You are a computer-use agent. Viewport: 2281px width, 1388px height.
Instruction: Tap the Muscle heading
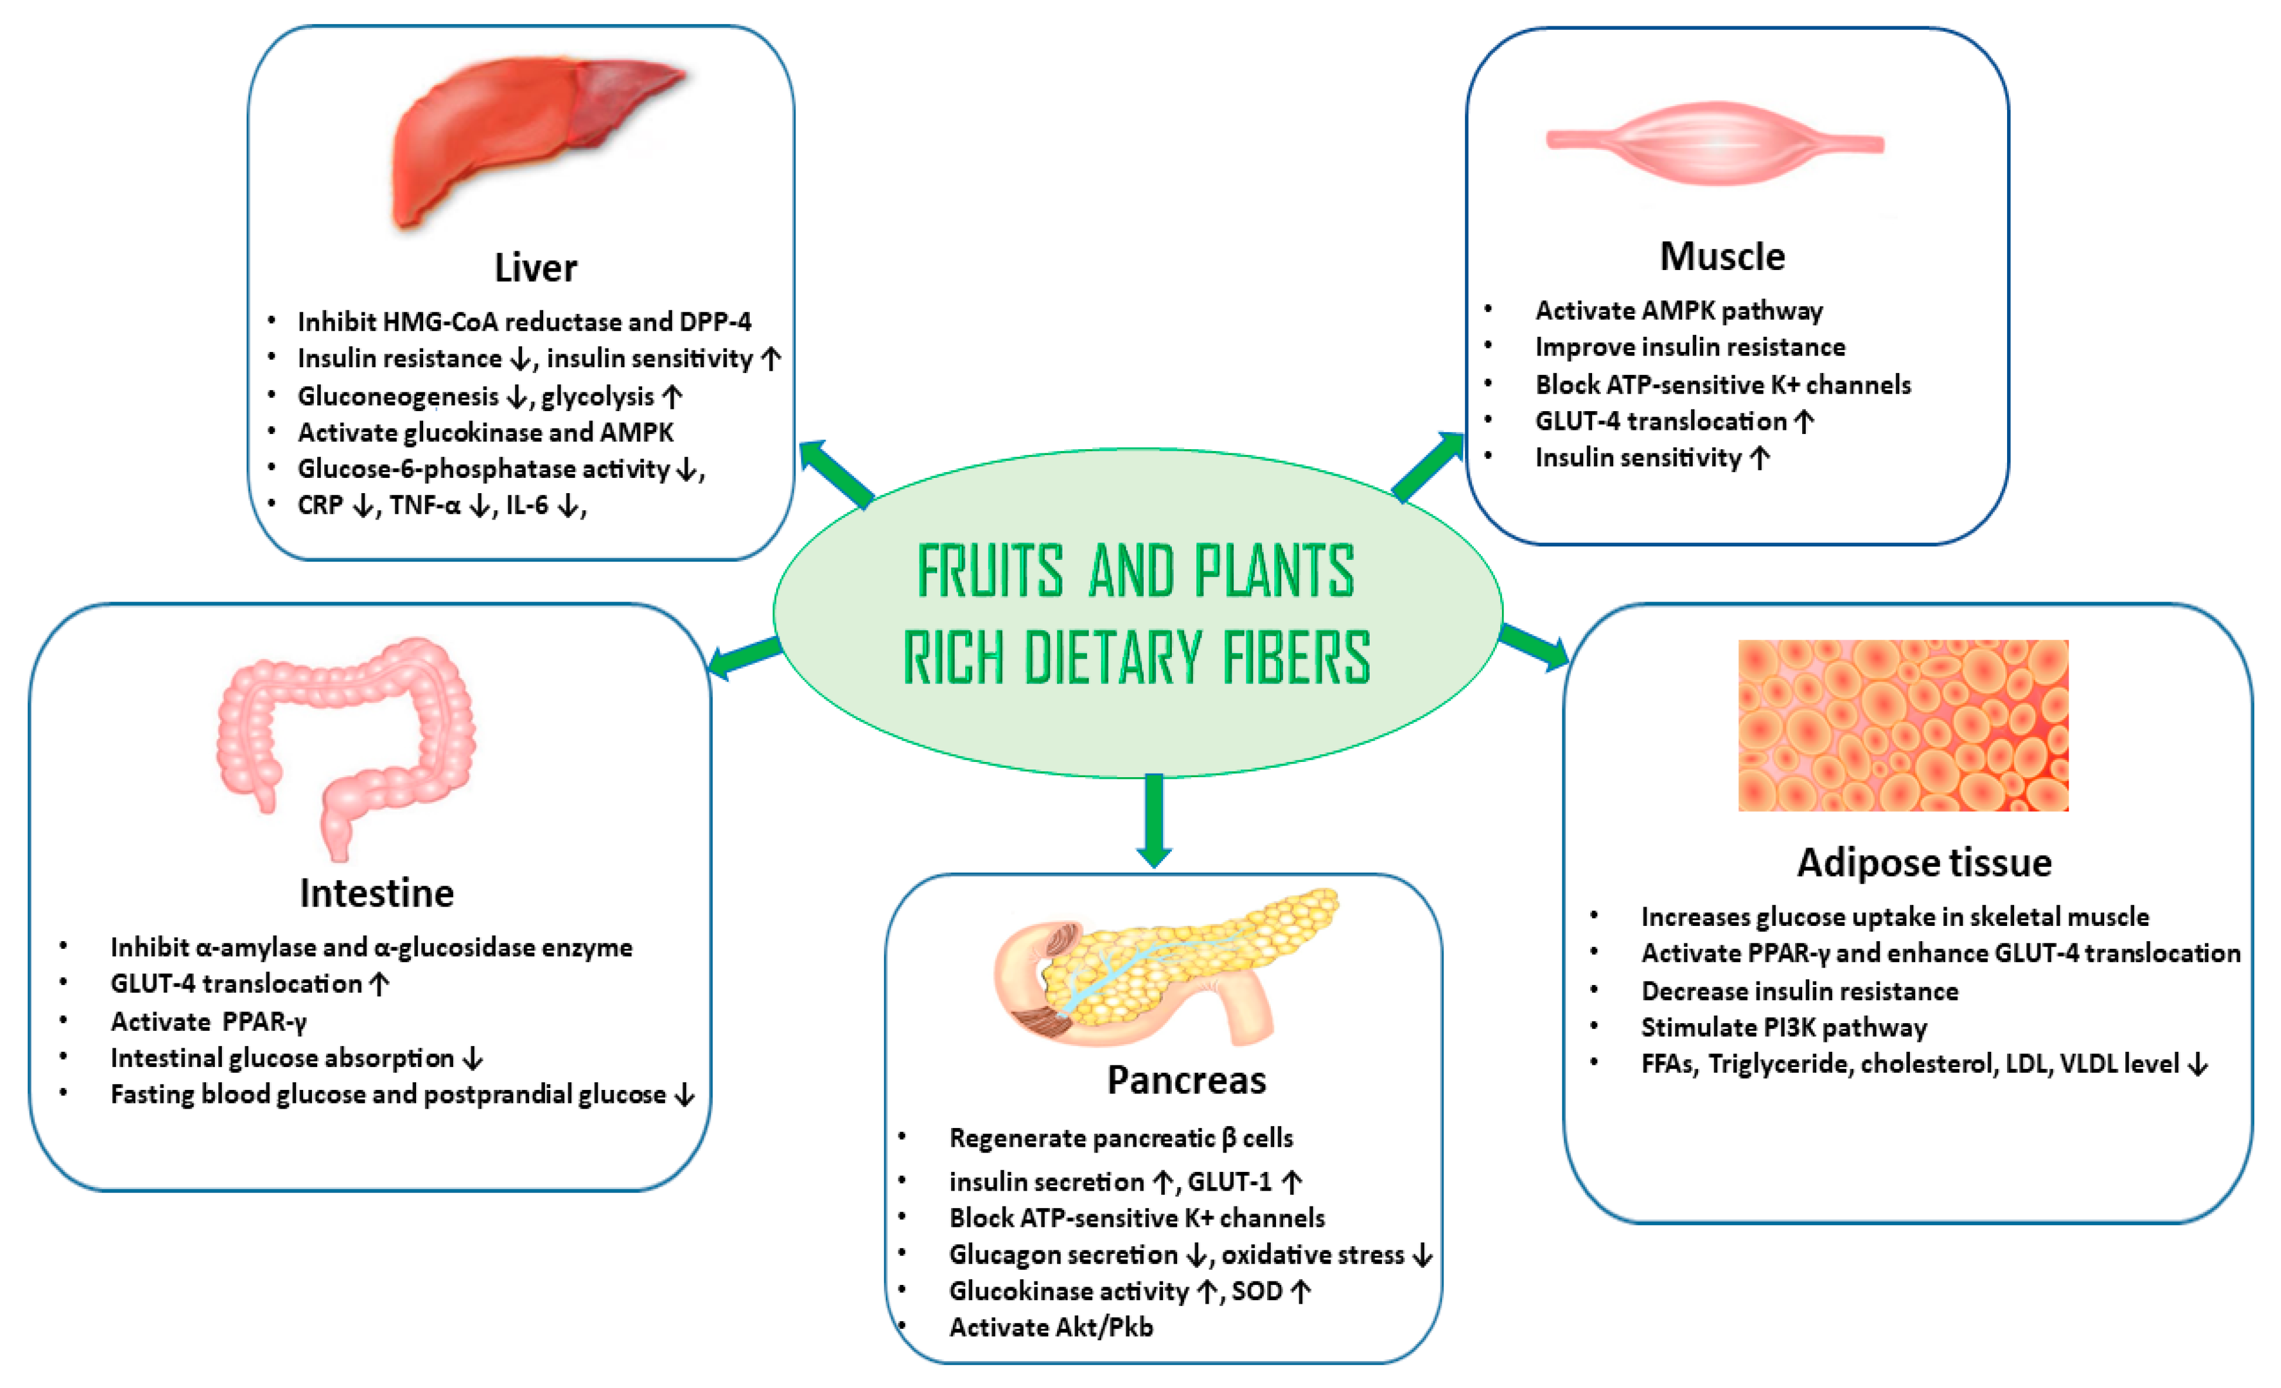click(x=1722, y=257)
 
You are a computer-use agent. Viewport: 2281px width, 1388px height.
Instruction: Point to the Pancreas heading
click(x=1186, y=1081)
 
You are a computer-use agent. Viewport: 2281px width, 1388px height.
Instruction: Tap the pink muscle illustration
click(x=1716, y=143)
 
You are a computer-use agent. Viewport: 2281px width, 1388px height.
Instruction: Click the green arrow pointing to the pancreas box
click(x=1154, y=819)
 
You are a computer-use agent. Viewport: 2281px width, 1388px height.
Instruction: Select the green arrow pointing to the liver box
click(x=835, y=473)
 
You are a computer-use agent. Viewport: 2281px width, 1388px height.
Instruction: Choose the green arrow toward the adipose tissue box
click(x=1533, y=645)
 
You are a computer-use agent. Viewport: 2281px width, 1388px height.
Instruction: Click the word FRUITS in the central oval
click(x=990, y=572)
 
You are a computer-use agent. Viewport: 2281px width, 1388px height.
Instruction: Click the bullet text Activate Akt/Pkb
click(x=1051, y=1328)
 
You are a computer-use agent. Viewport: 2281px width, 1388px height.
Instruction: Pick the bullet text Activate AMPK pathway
click(x=1678, y=311)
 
